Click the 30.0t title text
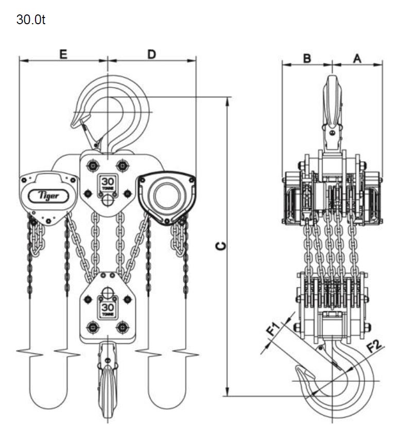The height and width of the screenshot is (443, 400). [31, 20]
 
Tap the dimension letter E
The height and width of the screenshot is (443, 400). [63, 54]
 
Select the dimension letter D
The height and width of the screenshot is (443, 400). [151, 54]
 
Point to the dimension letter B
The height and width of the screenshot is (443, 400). [307, 58]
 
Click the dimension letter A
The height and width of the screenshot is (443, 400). [357, 58]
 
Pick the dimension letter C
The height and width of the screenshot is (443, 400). [220, 246]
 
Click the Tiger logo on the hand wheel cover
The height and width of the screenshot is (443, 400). [48, 196]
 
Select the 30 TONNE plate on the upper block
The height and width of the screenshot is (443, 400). [107, 184]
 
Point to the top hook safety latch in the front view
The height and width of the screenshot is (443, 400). [90, 134]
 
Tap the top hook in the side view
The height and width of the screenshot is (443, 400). [332, 113]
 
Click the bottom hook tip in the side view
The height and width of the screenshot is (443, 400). [299, 369]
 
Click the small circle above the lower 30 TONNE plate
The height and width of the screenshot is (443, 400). [107, 292]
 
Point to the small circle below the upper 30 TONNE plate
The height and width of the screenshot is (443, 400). [108, 200]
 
